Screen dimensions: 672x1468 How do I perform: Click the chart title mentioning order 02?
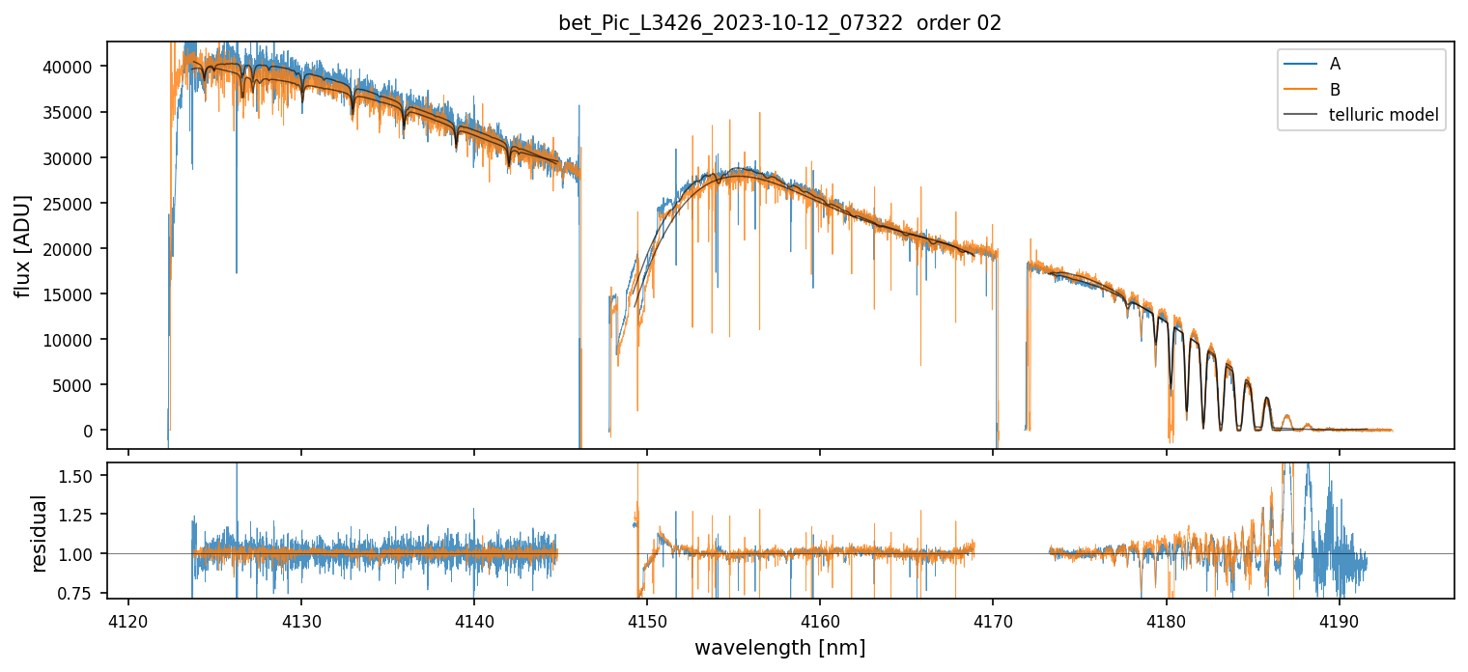coord(779,23)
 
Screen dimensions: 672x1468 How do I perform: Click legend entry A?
coord(1335,64)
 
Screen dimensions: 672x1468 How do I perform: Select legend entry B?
coord(1335,89)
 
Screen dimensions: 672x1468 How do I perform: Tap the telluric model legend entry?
coord(1383,115)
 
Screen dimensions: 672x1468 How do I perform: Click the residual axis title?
coord(40,532)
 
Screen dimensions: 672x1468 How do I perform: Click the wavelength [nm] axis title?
coord(779,647)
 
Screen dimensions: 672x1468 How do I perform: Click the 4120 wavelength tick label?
coord(128,619)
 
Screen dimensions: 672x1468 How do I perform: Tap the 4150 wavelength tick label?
coord(647,619)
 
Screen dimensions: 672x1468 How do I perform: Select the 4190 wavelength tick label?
coord(1340,619)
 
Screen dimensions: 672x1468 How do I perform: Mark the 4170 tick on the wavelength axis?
coord(994,619)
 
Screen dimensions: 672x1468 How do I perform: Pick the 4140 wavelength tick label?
coord(474,619)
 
